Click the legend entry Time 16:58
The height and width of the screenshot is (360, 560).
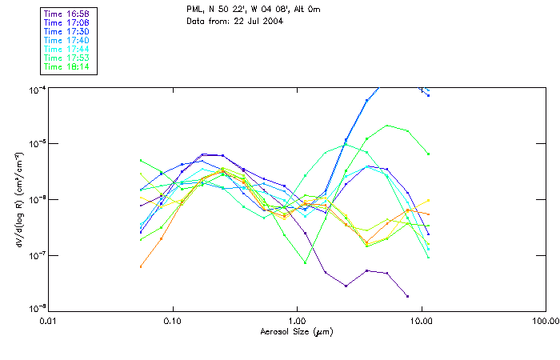(x=66, y=14)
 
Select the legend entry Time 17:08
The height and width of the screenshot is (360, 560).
(x=66, y=22)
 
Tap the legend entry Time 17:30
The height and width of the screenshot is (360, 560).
(x=66, y=31)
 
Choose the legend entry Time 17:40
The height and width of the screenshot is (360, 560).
(x=66, y=40)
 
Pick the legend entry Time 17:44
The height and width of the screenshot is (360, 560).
(x=66, y=49)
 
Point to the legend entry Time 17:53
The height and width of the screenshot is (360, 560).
(x=66, y=58)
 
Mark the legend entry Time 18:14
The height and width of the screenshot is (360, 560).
(x=66, y=66)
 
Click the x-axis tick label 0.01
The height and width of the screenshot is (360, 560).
(x=48, y=321)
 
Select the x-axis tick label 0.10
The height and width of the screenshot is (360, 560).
(x=172, y=321)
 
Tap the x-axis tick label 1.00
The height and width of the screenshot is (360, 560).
(x=297, y=321)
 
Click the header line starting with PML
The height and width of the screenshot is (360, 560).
(x=253, y=10)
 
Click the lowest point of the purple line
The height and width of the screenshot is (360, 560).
(x=407, y=296)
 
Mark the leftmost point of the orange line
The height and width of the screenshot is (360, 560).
(x=141, y=266)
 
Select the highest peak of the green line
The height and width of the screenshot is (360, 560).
(x=387, y=125)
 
